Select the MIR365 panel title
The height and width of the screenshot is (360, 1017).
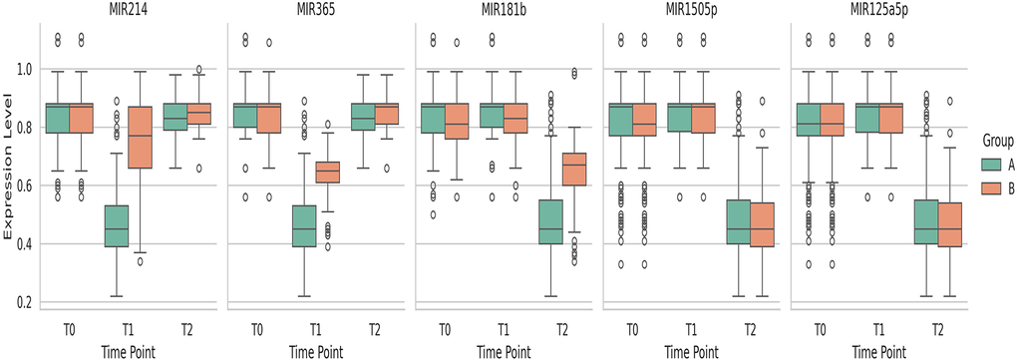[x=315, y=10]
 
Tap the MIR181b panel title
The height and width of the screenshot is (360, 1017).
[x=503, y=10]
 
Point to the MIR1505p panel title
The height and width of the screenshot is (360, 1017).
[x=690, y=10]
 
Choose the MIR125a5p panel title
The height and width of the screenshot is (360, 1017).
[x=877, y=10]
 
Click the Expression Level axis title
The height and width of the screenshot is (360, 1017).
[x=10, y=185]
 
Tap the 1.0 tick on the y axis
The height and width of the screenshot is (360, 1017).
[x=23, y=70]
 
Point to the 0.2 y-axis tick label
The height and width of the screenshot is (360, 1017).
[x=23, y=301]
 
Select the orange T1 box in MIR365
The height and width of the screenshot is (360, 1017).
[x=328, y=173]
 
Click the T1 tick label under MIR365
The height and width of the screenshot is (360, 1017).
[x=316, y=330]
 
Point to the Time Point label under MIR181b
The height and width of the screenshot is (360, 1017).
[x=503, y=350]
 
